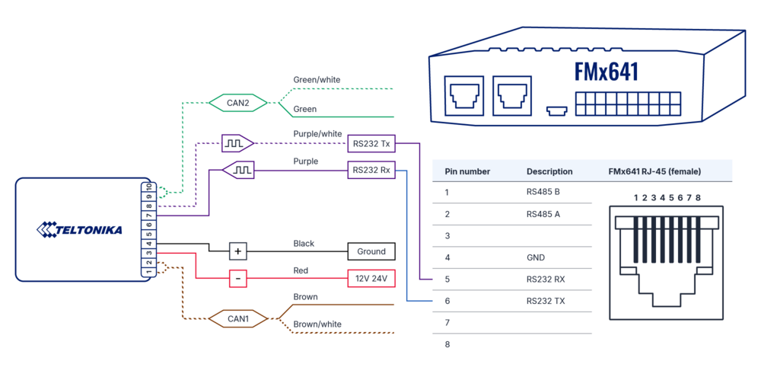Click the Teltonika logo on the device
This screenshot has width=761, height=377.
[x=80, y=229]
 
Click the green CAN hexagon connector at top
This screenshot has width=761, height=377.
[x=237, y=101]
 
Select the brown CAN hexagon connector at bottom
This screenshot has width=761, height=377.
[x=237, y=318]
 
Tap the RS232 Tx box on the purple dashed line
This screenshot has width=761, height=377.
[x=371, y=142]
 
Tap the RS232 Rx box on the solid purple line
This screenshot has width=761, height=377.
[x=371, y=170]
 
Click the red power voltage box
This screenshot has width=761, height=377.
[x=371, y=278]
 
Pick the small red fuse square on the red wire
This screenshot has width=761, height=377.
[x=239, y=278]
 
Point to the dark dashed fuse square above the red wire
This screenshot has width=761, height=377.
[x=239, y=251]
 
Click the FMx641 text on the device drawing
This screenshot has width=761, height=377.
[x=606, y=72]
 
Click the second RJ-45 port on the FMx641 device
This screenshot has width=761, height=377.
[x=512, y=95]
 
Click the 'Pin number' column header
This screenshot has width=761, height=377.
[x=467, y=171]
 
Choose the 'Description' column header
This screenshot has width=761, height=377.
[x=549, y=171]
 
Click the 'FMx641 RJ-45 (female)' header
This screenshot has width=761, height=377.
[x=655, y=171]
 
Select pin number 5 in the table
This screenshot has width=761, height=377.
[x=447, y=280]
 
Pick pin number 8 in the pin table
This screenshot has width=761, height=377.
[x=447, y=345]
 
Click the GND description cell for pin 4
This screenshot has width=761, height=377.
[x=535, y=257]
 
